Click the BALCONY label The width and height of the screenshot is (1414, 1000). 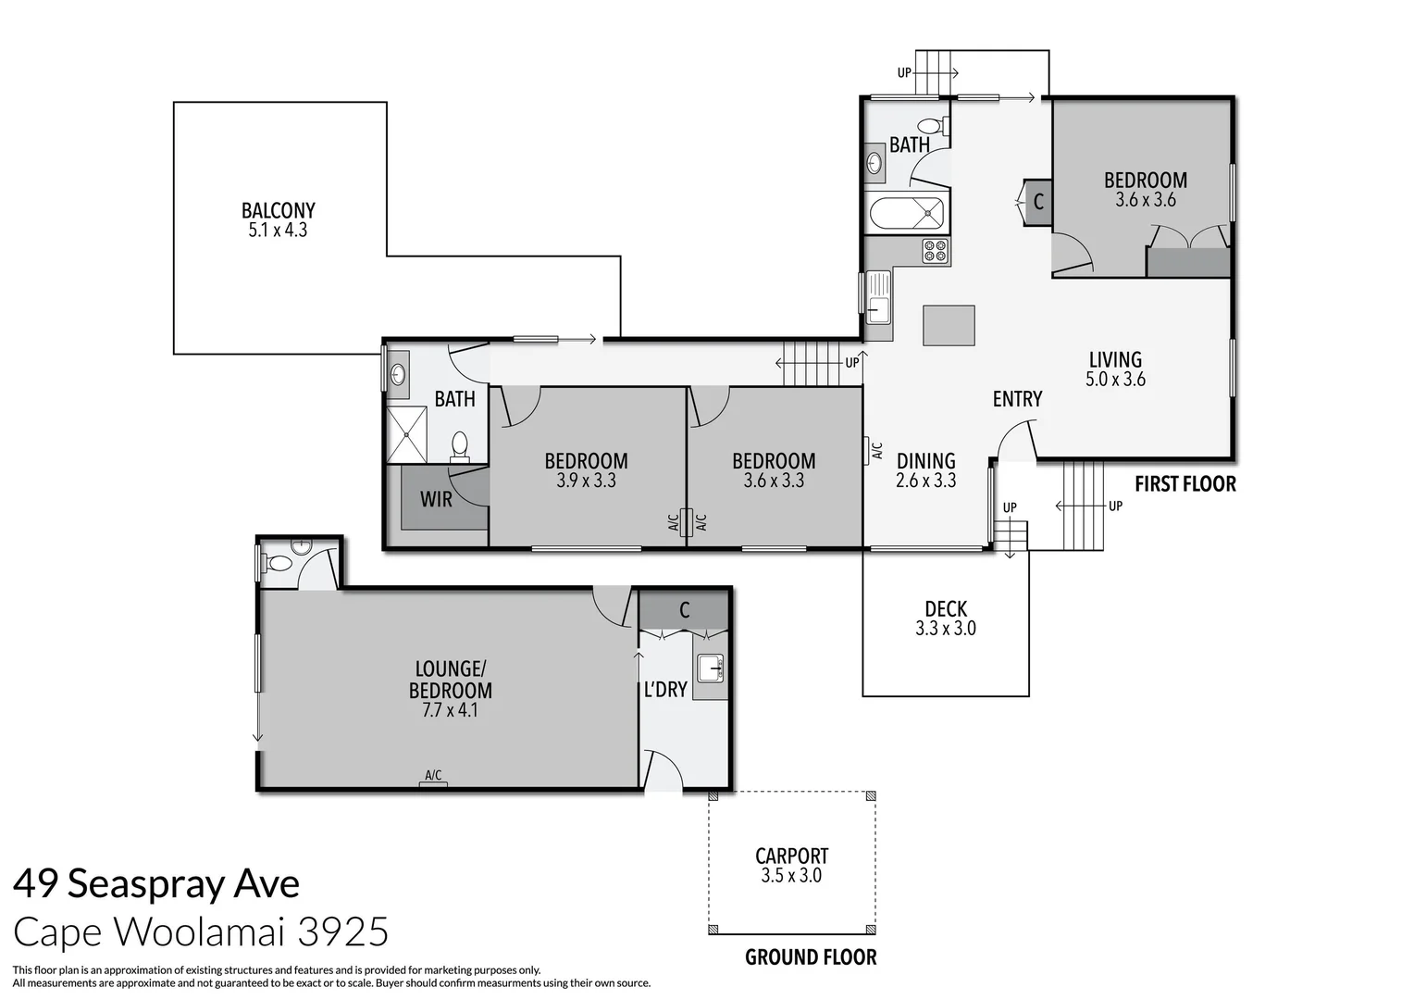click(278, 210)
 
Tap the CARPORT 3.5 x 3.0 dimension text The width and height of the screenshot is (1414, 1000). click(791, 876)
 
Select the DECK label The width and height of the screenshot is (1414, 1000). click(946, 608)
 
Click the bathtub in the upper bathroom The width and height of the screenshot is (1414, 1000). click(907, 215)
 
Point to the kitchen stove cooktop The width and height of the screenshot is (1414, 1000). click(936, 250)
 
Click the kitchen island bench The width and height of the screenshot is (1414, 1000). click(949, 326)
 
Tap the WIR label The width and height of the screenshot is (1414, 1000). click(436, 499)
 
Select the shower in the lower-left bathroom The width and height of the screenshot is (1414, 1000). click(406, 433)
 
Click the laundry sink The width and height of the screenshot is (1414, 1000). click(711, 667)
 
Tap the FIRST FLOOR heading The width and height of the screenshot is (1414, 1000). click(1185, 483)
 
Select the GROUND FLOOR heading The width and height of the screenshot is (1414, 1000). click(811, 957)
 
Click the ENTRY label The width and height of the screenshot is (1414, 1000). click(1017, 399)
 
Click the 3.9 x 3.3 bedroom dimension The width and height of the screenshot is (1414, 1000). click(586, 481)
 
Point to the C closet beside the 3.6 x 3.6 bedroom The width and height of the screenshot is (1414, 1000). click(1038, 201)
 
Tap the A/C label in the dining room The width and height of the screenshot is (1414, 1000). click(876, 451)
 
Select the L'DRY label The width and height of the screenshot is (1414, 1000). click(664, 690)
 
